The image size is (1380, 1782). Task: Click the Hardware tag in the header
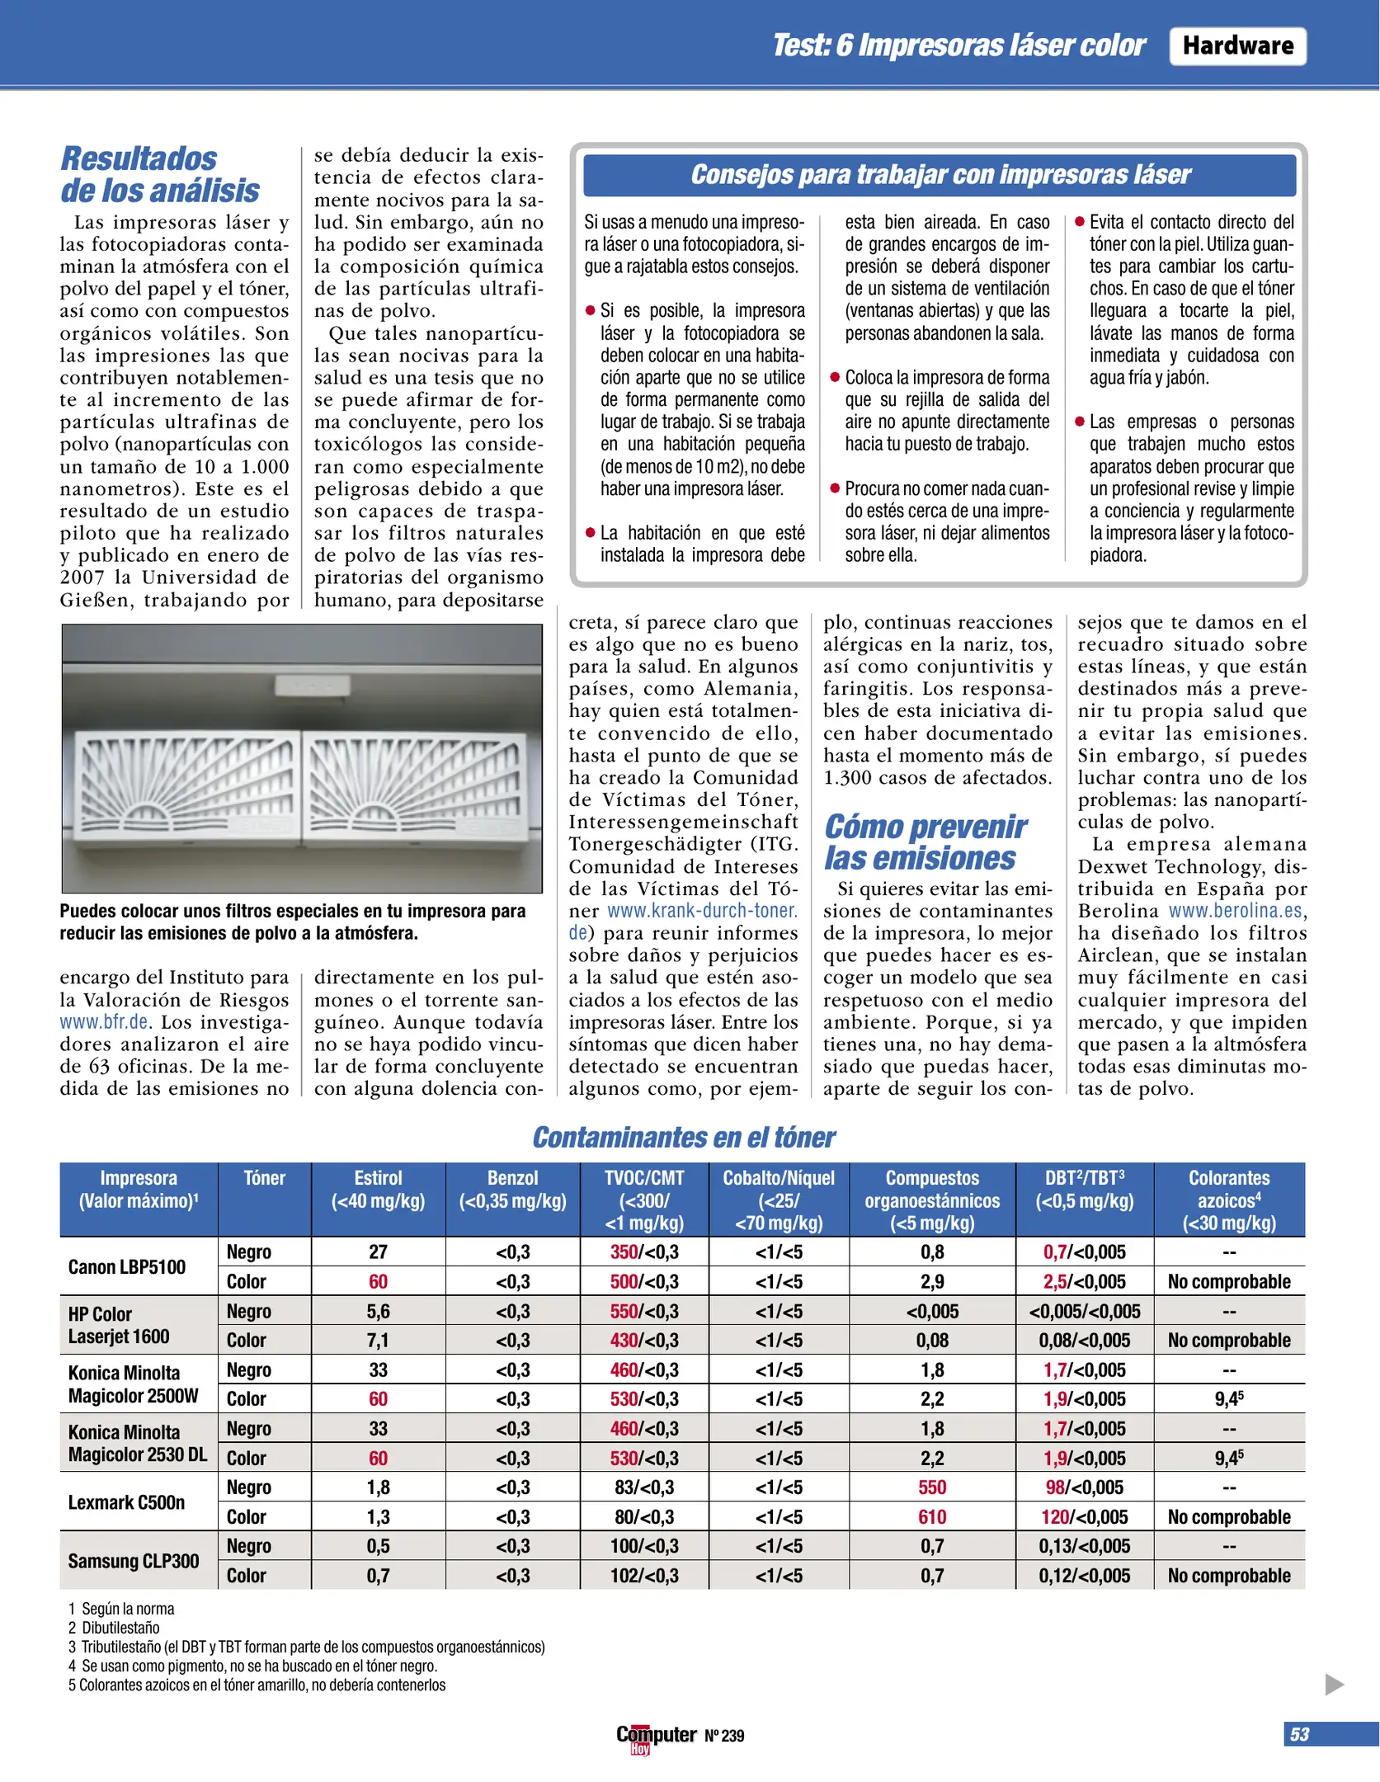[x=1236, y=46]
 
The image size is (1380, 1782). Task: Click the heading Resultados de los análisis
[x=160, y=174]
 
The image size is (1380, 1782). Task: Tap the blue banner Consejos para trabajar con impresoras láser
[x=940, y=175]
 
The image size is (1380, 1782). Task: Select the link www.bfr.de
[x=104, y=1021]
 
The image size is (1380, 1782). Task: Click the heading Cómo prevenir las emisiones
[x=925, y=841]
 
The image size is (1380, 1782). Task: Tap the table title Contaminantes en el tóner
[x=683, y=1137]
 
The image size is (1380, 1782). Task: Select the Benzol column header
[x=512, y=1190]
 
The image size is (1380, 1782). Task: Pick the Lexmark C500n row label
[x=126, y=1501]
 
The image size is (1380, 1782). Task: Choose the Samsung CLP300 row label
[x=134, y=1561]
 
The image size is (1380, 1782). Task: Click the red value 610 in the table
[x=932, y=1516]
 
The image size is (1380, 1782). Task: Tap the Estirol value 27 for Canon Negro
[x=378, y=1252]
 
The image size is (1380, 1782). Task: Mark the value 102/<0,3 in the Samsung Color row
[x=644, y=1575]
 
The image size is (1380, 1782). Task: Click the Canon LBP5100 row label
[x=127, y=1266]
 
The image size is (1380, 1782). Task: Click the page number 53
[x=1299, y=1734]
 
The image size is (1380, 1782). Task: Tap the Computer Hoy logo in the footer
[x=657, y=1736]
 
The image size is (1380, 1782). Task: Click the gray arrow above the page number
[x=1334, y=1684]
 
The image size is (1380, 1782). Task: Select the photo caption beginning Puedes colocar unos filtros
[x=292, y=922]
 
